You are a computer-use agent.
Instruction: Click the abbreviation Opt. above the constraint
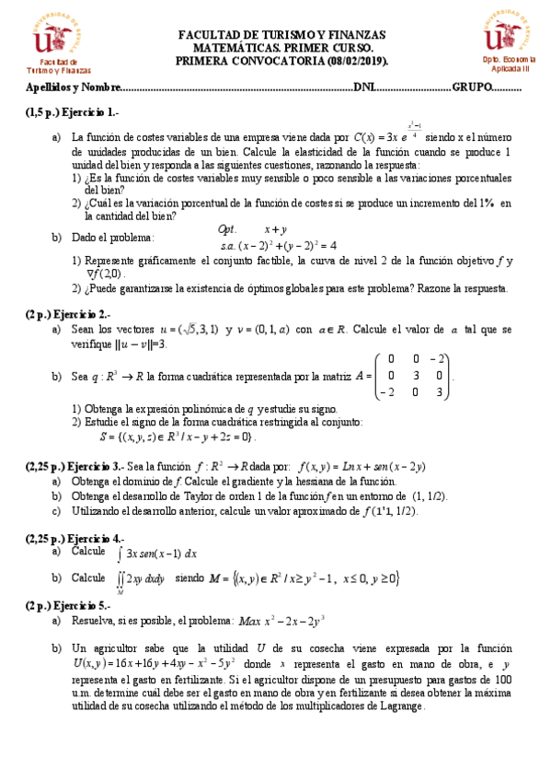227,229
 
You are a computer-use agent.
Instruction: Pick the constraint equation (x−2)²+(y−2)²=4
288,246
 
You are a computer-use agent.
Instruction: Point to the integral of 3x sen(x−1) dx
156,554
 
